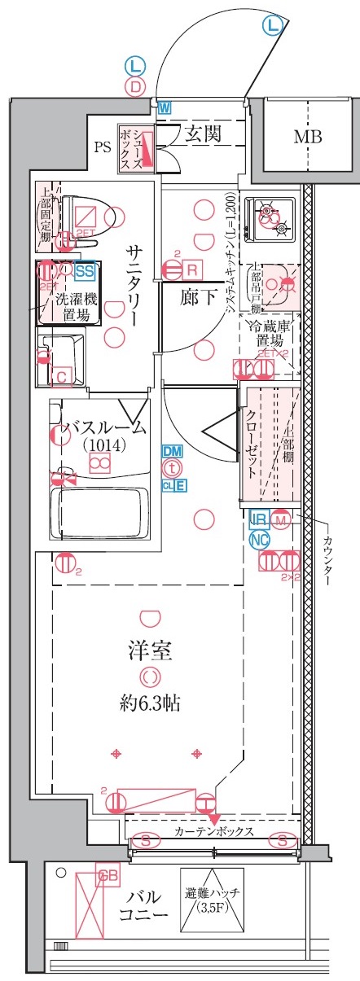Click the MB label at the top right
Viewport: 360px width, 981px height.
307,137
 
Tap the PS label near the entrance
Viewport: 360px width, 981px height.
102,147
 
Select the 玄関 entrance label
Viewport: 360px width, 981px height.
203,134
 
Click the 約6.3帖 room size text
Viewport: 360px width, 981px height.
147,703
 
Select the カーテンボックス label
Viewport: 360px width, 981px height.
213,832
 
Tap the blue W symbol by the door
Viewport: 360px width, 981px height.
165,107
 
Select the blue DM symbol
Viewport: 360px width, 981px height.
172,451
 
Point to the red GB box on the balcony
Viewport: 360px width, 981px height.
103,876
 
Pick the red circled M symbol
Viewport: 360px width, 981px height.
281,519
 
